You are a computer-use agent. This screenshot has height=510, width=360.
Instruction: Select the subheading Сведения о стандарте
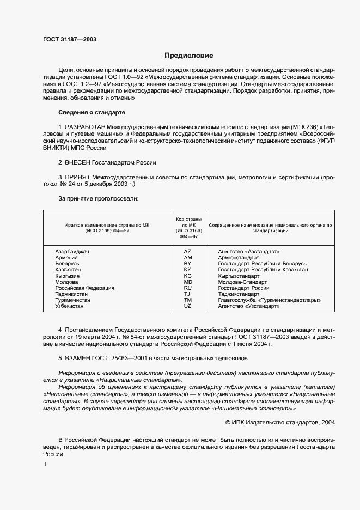click(91, 112)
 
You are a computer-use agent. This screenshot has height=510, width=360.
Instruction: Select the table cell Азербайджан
click(72, 251)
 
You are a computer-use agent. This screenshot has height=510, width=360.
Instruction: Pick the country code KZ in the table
click(188, 269)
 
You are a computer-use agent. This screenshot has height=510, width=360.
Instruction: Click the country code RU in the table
click(188, 288)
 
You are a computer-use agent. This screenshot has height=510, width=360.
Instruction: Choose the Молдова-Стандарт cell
click(242, 282)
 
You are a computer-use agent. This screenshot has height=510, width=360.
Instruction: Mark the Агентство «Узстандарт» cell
click(248, 306)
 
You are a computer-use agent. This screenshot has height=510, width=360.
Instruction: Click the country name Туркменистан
click(73, 300)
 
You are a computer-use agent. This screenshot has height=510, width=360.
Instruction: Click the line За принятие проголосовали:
click(98, 198)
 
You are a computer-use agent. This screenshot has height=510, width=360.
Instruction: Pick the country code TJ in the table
click(188, 294)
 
